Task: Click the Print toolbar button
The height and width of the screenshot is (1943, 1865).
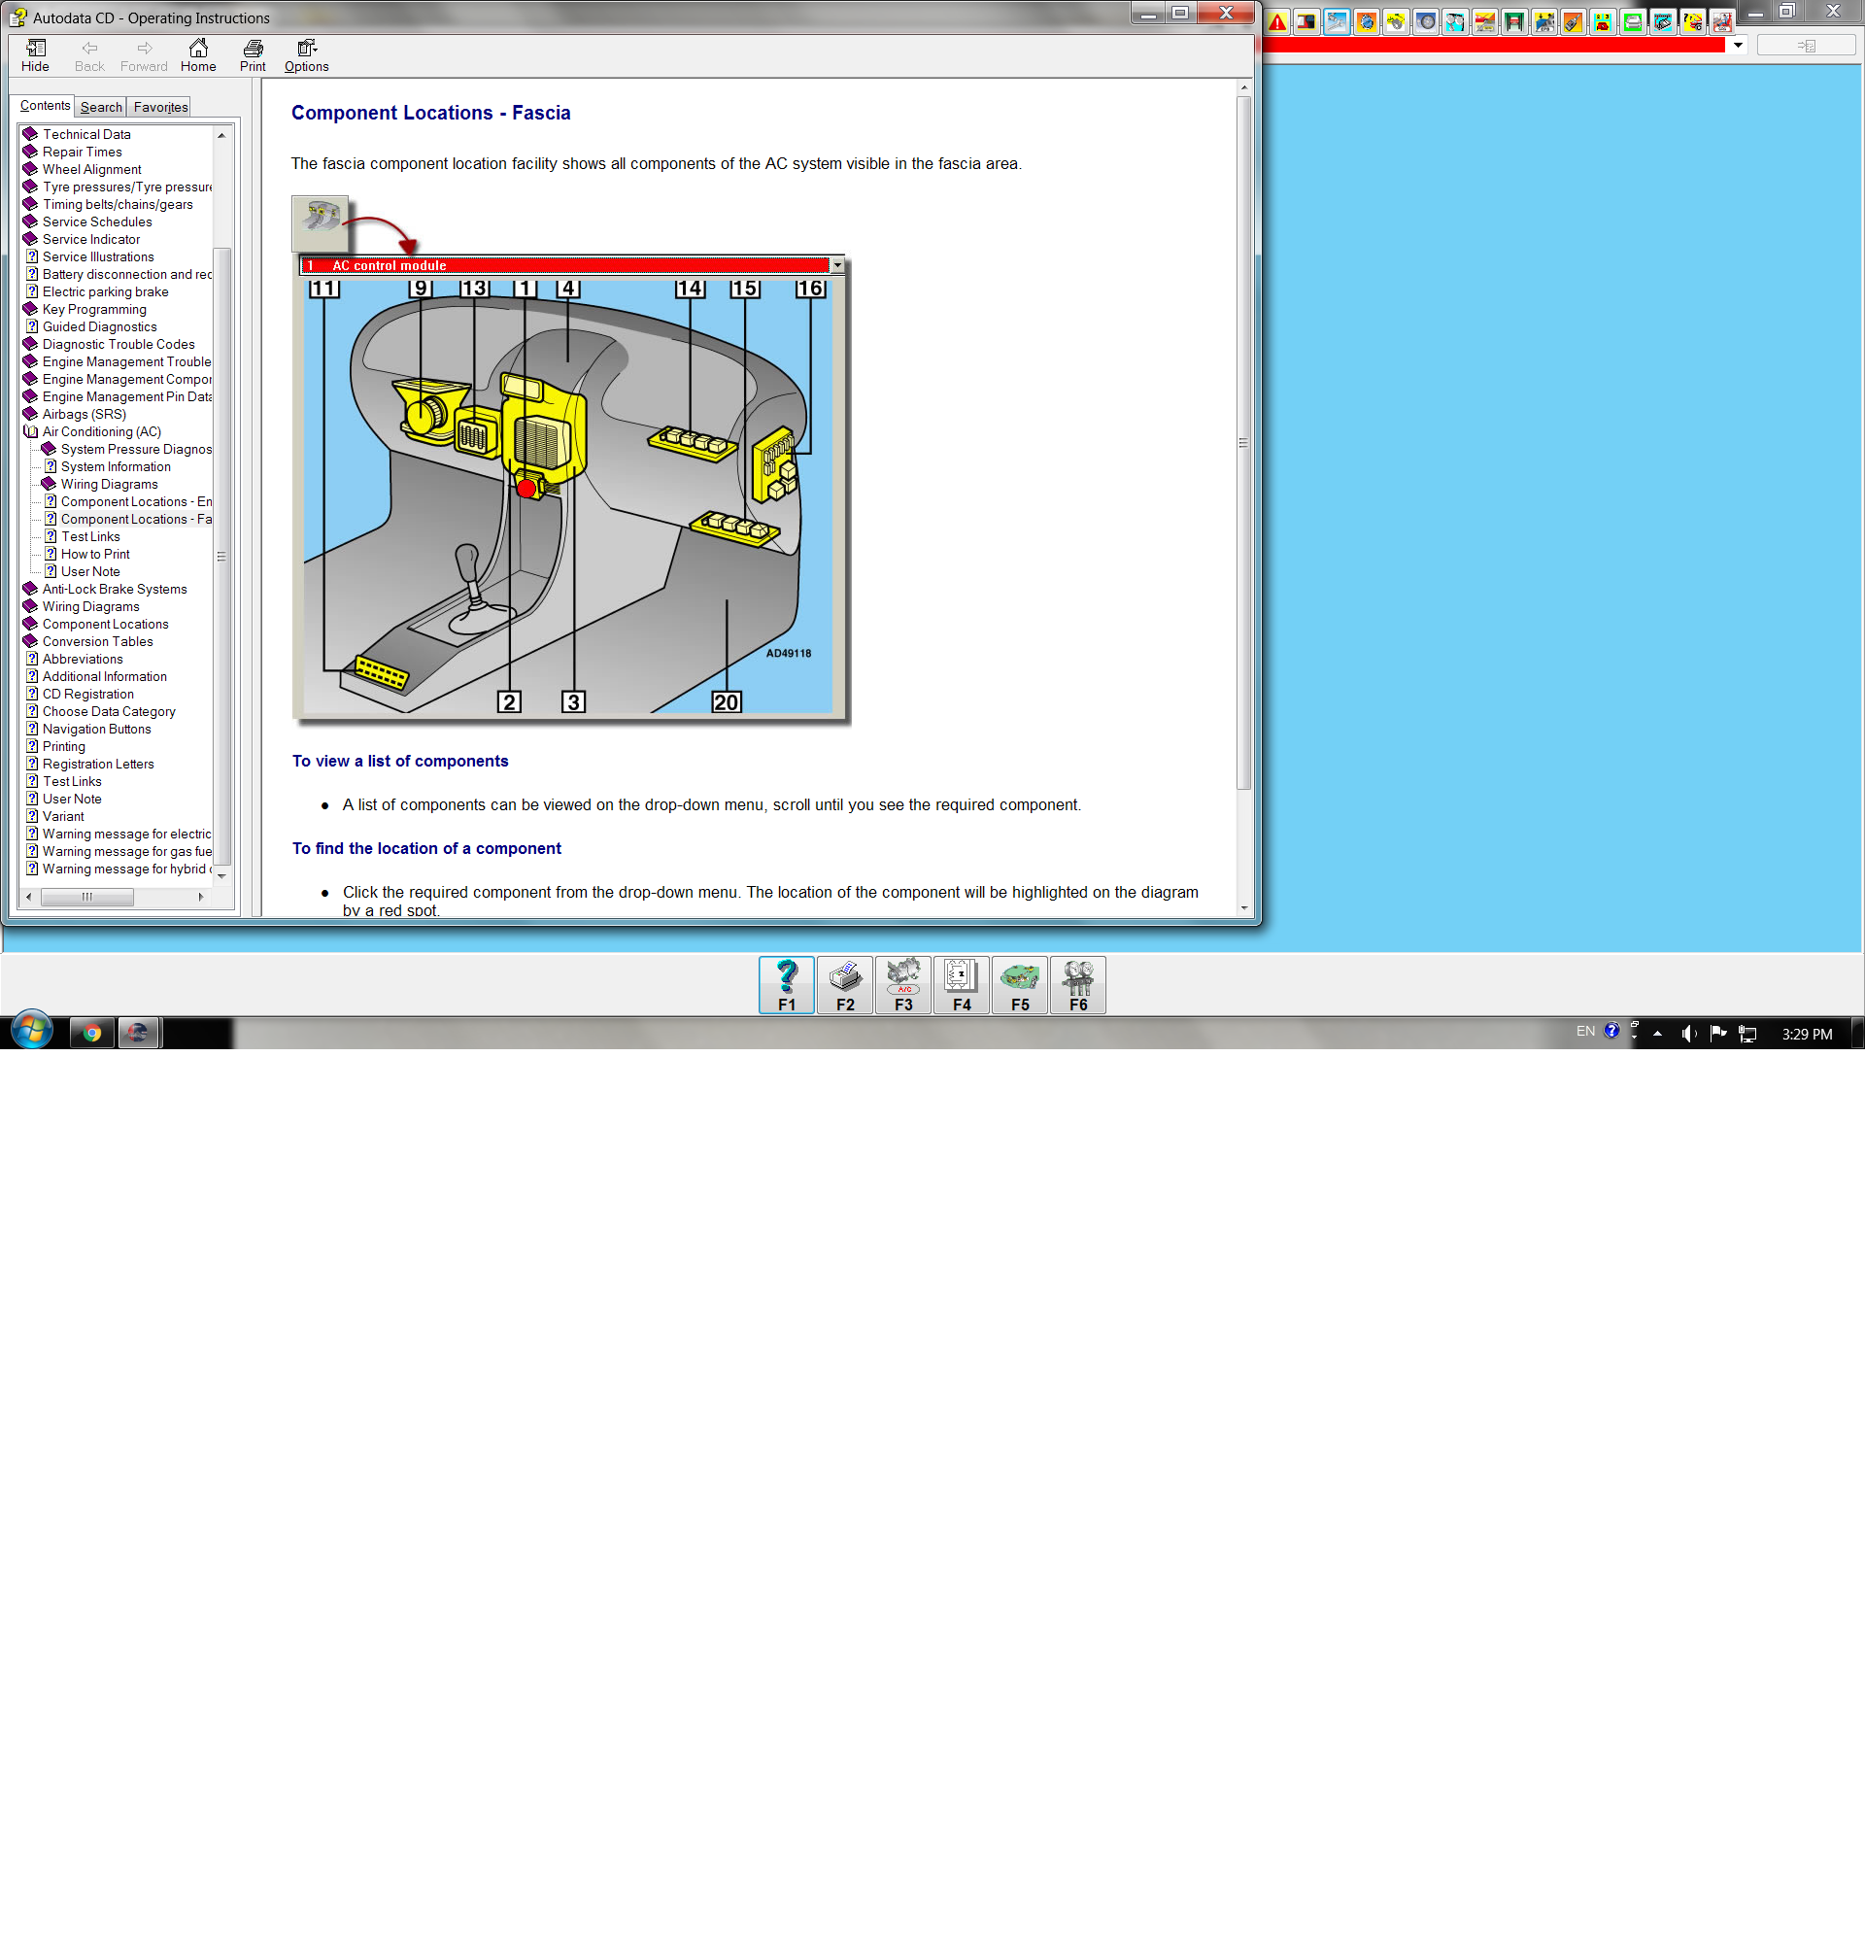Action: coord(253,55)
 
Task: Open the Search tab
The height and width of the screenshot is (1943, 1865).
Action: coord(101,107)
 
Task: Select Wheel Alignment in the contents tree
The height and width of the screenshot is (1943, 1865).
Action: coord(91,169)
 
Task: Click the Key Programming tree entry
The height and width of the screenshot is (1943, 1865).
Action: coord(94,309)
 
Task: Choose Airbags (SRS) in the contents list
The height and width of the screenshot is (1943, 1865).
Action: coord(85,415)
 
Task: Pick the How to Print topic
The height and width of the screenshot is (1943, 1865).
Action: coord(95,554)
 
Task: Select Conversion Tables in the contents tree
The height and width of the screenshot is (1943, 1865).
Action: coord(97,641)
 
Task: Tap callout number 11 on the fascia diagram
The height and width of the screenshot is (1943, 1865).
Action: coord(324,289)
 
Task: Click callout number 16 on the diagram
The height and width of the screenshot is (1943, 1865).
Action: coord(809,289)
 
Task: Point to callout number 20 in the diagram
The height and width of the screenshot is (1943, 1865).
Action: coord(727,701)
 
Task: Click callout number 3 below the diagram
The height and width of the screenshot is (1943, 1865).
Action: coord(573,701)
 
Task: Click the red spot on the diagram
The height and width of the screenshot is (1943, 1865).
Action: coord(526,488)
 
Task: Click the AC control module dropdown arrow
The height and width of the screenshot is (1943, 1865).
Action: coord(837,265)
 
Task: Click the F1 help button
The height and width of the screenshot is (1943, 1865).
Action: coord(787,984)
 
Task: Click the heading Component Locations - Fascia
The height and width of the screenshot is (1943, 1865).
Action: coord(431,113)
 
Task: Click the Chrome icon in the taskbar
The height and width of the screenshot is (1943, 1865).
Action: coord(92,1033)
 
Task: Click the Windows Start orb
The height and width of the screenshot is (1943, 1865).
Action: coord(32,1031)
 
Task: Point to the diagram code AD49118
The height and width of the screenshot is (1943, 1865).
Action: coord(789,653)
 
